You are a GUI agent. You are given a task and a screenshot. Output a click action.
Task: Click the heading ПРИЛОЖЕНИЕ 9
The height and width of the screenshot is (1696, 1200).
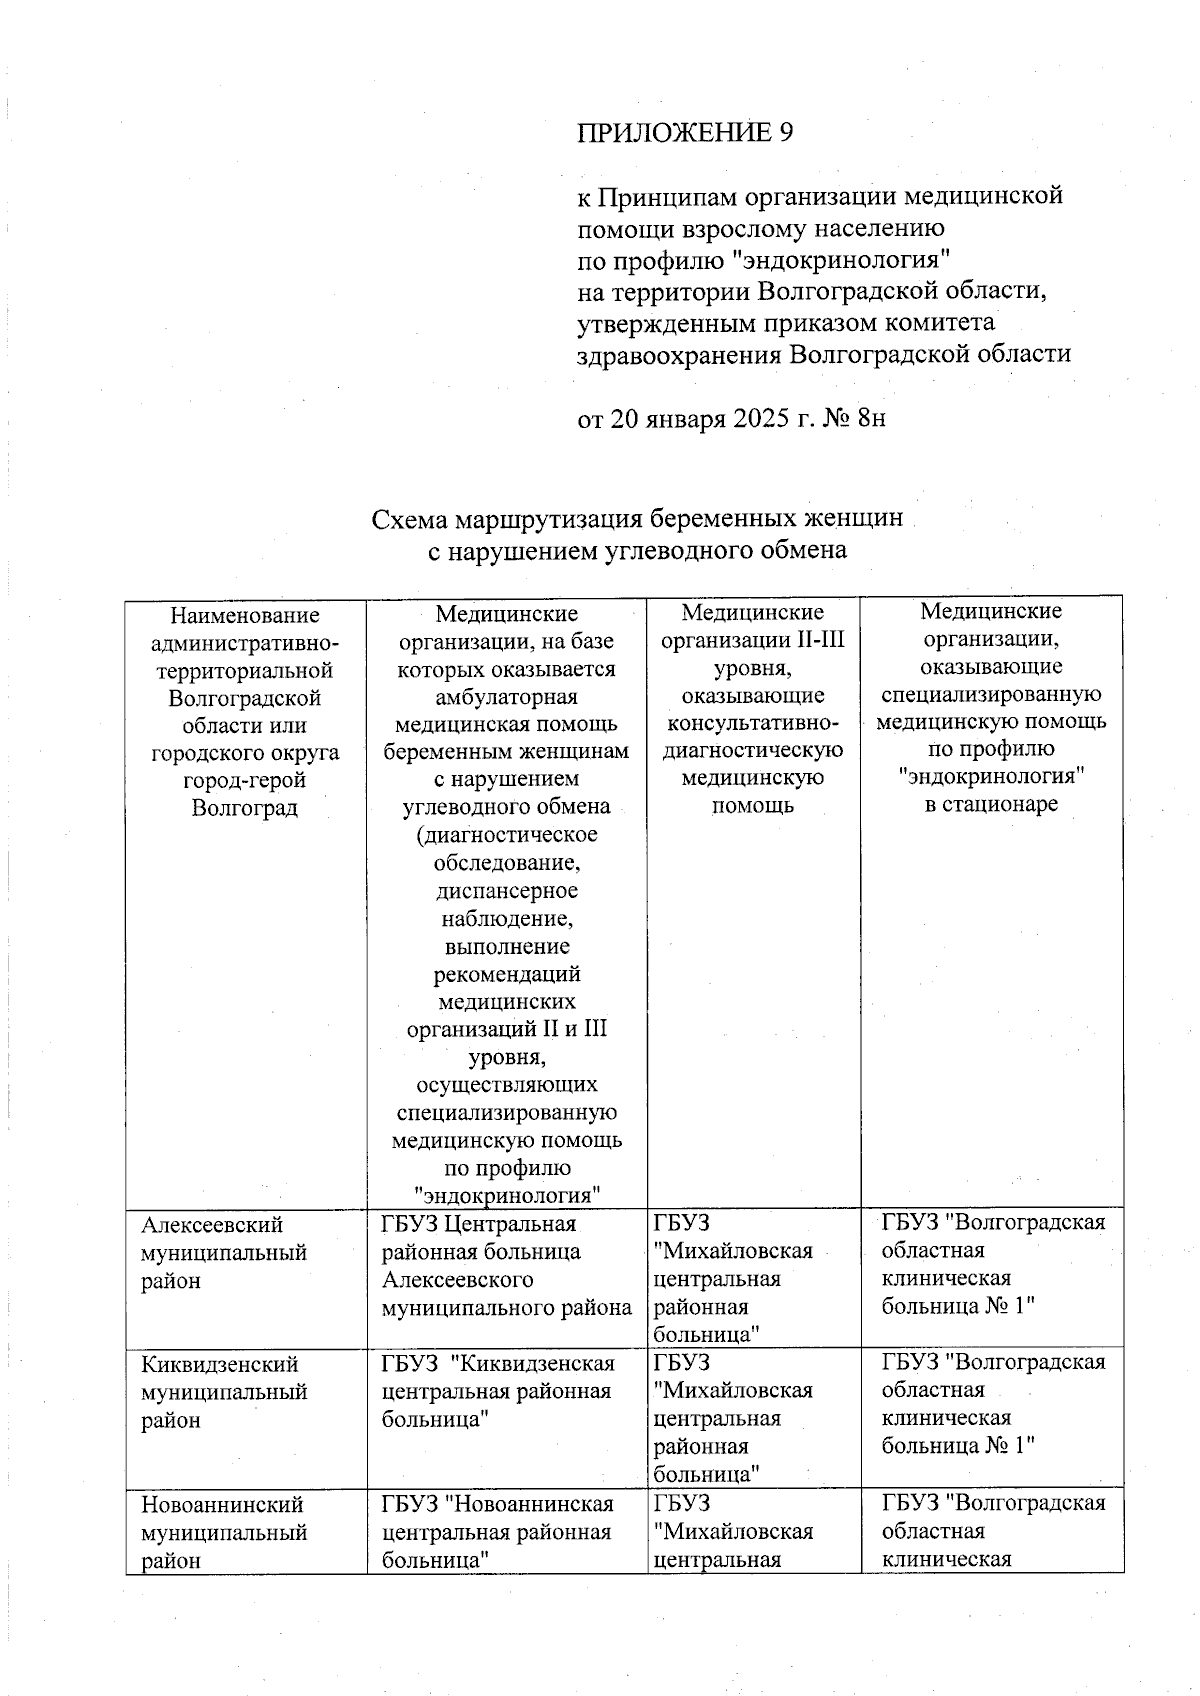(685, 133)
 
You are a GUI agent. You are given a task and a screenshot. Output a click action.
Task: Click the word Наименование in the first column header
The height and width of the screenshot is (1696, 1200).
(245, 615)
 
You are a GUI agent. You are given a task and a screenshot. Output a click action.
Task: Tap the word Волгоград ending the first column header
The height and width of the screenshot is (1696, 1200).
(245, 807)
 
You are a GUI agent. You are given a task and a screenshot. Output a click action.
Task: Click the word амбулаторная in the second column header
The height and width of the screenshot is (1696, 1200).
(507, 696)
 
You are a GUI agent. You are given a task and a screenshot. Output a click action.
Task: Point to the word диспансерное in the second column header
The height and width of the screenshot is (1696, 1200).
(507, 890)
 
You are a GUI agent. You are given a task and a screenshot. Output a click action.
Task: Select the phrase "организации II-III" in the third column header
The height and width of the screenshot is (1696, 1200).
(753, 639)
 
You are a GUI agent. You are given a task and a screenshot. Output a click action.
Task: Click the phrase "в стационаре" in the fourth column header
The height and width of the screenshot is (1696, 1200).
(990, 804)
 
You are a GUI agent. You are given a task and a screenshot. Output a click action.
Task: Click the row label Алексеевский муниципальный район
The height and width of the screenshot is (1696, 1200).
(224, 1252)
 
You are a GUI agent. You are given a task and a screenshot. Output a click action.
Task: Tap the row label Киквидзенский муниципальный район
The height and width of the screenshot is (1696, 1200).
(224, 1392)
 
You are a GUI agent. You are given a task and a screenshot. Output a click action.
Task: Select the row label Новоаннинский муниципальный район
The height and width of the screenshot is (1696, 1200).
(224, 1532)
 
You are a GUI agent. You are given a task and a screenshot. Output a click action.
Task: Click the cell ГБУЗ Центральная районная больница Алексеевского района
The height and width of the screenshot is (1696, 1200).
(506, 1265)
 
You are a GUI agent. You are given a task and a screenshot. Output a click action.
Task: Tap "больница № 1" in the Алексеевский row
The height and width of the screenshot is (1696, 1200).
(957, 1305)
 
